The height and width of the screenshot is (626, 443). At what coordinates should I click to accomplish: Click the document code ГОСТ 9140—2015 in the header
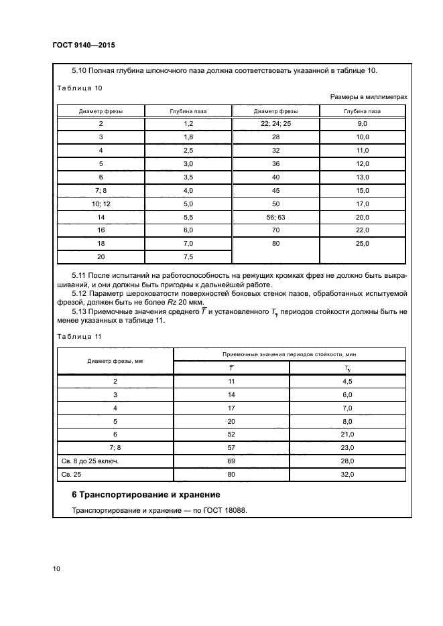(x=84, y=47)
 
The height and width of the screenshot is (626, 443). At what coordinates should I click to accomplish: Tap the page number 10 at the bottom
(x=56, y=569)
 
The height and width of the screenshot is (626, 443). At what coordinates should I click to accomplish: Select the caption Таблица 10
(x=79, y=88)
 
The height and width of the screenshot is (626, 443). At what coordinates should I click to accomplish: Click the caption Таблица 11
(x=79, y=336)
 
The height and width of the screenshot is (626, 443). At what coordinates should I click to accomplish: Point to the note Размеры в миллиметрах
(x=369, y=97)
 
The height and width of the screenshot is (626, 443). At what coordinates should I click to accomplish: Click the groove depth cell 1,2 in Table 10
(x=188, y=125)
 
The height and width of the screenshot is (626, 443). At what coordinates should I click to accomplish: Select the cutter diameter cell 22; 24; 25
(x=275, y=125)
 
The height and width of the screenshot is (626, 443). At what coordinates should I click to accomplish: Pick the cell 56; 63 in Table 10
(x=275, y=218)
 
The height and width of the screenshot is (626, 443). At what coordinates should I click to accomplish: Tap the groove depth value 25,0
(x=363, y=244)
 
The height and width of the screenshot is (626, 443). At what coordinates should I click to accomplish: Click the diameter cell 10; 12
(x=101, y=204)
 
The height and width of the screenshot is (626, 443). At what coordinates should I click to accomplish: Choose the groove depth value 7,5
(x=188, y=257)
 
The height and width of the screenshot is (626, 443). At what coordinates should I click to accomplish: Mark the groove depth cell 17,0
(x=363, y=204)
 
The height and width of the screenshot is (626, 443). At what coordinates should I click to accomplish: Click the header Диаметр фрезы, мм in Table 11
(x=115, y=361)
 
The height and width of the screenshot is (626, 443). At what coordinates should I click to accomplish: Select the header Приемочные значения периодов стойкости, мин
(x=290, y=354)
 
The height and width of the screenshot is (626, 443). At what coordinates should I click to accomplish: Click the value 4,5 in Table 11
(x=347, y=381)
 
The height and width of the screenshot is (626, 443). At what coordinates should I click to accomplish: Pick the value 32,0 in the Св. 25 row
(x=347, y=475)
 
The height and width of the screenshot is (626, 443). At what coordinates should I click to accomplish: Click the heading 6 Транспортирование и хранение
(x=146, y=495)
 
